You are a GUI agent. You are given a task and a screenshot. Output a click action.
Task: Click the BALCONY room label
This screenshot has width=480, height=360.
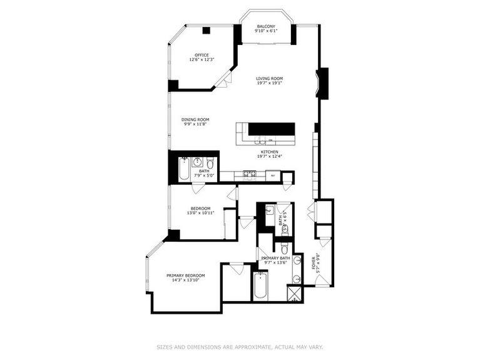[266, 26]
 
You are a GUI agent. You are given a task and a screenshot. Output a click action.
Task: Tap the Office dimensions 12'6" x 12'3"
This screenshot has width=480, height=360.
[202, 59]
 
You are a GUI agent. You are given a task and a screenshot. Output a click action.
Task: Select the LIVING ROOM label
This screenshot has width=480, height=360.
[269, 78]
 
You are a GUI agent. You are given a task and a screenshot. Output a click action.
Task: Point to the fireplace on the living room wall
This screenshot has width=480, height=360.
[323, 83]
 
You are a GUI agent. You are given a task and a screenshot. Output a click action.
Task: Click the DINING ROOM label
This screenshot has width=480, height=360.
[195, 119]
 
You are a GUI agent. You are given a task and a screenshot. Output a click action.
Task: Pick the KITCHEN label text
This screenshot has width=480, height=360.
[269, 152]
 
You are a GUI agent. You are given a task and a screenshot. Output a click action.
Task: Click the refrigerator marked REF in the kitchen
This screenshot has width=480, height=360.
[273, 176]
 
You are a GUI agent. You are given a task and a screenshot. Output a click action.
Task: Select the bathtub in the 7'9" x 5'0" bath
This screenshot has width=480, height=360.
[184, 170]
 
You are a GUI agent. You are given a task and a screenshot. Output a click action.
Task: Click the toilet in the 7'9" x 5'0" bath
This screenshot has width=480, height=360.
[210, 164]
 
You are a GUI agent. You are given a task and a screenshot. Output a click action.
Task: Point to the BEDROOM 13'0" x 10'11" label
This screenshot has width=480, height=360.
[200, 208]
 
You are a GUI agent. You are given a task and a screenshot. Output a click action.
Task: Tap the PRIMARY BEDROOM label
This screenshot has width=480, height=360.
[185, 275]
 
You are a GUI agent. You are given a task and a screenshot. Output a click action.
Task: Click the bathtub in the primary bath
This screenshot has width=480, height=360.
[260, 286]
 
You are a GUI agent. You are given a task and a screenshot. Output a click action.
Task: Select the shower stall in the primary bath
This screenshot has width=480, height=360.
[294, 294]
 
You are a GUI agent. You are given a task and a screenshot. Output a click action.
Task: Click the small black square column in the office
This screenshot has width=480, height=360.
[206, 30]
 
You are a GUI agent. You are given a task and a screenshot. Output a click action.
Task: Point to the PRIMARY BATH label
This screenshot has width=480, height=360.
[275, 258]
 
